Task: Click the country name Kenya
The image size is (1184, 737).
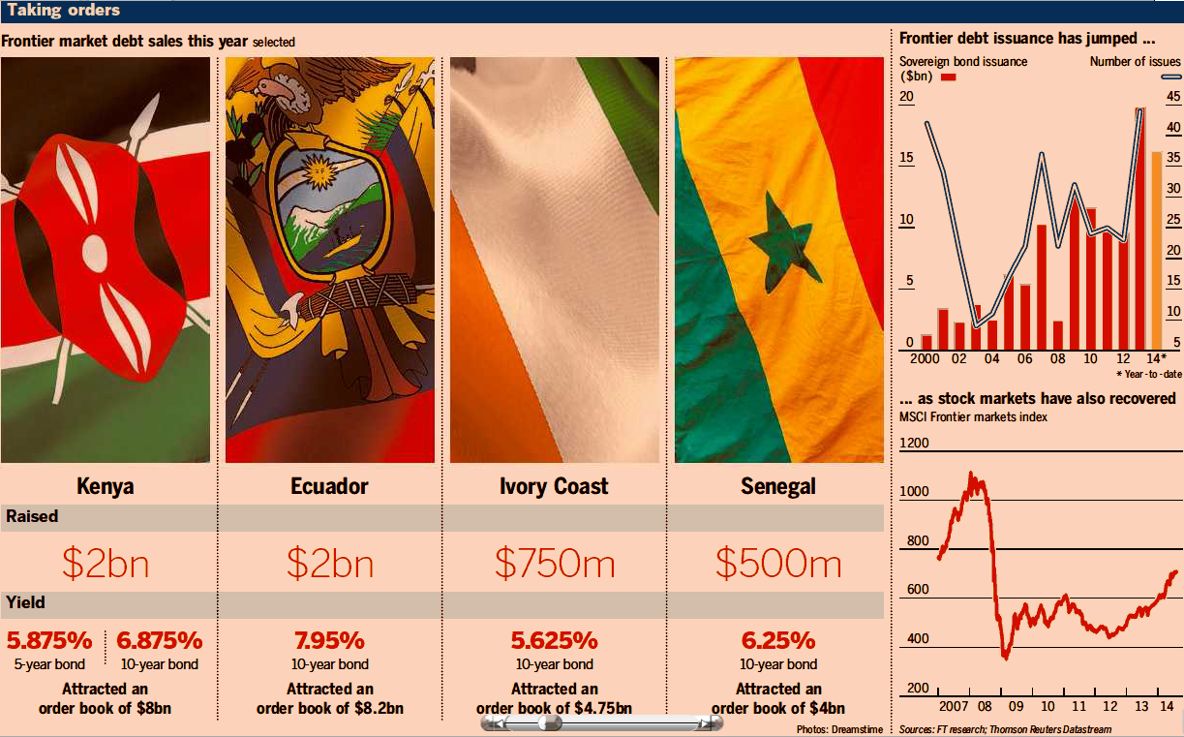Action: click(105, 485)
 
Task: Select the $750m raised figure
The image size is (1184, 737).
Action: click(554, 563)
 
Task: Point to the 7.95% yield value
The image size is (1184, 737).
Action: click(329, 640)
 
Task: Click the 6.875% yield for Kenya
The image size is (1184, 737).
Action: click(160, 640)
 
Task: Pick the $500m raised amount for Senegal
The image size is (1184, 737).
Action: click(778, 563)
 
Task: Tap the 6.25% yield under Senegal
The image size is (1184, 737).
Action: click(778, 640)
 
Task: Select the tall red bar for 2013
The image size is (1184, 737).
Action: click(1139, 229)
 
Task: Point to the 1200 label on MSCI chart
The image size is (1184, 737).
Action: click(914, 443)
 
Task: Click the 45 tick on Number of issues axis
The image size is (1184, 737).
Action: click(1172, 96)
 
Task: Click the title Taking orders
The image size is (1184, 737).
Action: click(64, 11)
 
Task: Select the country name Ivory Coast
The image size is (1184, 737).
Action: click(554, 485)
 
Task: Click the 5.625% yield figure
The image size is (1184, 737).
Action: click(554, 640)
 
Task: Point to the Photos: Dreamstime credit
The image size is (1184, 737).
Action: click(839, 728)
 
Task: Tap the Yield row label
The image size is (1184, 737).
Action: click(25, 603)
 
